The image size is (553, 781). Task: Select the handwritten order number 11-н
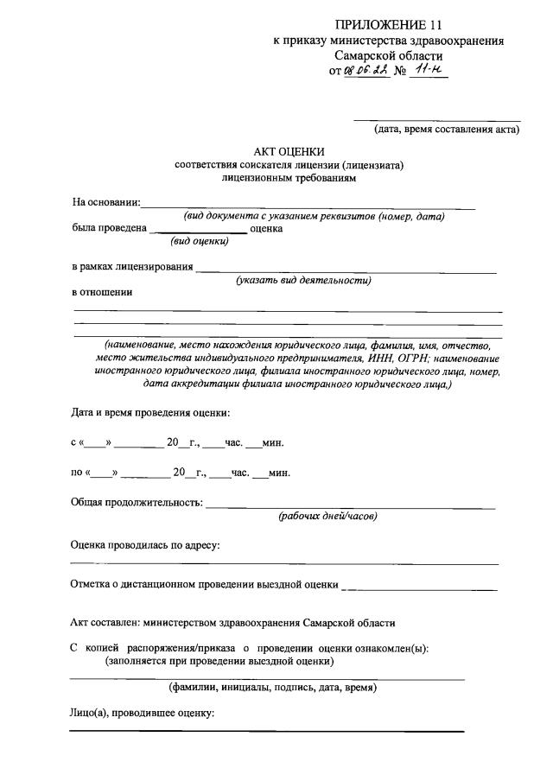(x=429, y=72)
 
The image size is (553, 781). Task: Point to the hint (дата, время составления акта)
(x=446, y=130)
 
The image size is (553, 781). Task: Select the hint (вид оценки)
(x=200, y=242)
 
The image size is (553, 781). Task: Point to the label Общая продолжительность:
(x=137, y=503)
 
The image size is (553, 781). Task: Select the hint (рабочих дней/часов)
(x=327, y=517)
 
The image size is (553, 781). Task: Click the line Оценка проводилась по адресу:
(x=144, y=545)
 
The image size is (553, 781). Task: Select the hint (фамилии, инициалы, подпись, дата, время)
(x=272, y=689)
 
